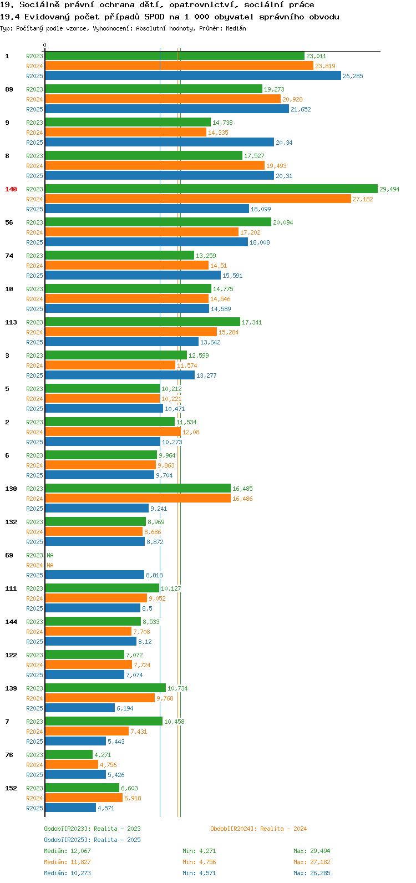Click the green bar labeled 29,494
point(211,189)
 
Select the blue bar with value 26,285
point(193,75)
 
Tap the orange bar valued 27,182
point(198,199)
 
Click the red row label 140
point(11,189)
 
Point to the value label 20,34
point(284,143)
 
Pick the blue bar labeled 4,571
point(70,808)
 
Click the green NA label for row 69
point(50,555)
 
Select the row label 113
point(11,322)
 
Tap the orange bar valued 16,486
point(138,498)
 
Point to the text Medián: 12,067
point(67,851)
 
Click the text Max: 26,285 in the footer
point(312,873)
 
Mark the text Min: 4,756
point(199,862)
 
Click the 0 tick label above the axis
point(44,45)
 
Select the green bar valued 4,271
point(69,754)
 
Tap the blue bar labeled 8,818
point(95,575)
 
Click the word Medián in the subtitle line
point(236,28)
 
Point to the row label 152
point(11,788)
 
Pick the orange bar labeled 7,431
point(87,731)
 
